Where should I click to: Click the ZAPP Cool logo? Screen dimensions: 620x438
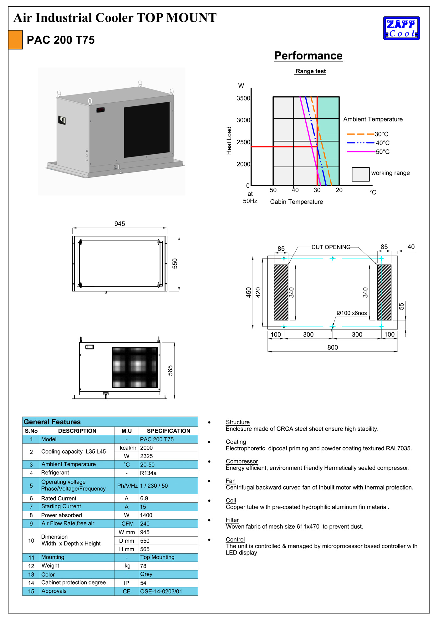401,28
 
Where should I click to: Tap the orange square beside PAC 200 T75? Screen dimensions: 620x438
15,40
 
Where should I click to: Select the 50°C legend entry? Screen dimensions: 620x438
382,152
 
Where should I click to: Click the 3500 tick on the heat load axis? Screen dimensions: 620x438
243,98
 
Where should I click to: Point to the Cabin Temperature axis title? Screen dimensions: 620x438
296,202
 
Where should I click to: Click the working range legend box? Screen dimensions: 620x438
360,174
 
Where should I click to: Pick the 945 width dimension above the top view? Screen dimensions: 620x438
120,224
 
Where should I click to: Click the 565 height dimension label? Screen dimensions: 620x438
170,370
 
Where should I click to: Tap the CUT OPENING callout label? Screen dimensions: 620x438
331,247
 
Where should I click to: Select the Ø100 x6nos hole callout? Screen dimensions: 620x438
352,313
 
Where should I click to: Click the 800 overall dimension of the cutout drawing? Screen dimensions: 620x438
333,347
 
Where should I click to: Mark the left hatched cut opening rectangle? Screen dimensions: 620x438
281,292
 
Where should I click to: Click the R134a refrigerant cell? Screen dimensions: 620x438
148,473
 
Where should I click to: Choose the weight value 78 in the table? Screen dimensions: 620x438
143,566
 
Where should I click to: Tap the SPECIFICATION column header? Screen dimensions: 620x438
168,431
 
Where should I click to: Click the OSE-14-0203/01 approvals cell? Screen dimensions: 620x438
161,591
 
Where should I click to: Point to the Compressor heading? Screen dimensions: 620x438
242,461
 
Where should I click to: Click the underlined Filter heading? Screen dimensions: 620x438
232,520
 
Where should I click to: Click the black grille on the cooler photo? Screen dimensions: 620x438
147,130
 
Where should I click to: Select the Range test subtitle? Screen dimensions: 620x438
311,71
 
